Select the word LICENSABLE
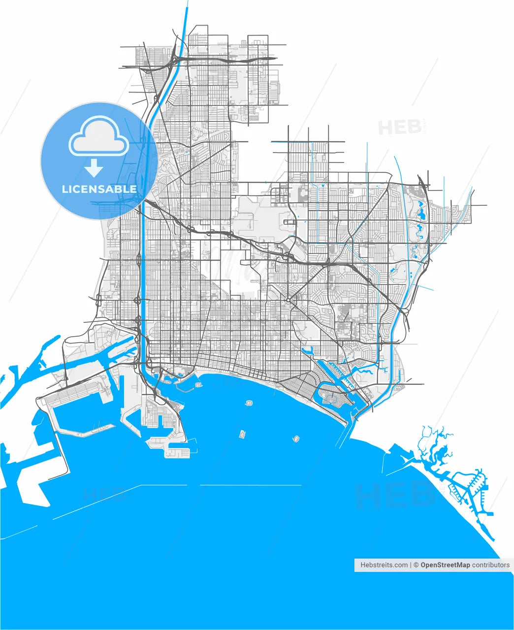pos(99,189)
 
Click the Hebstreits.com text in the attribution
pos(384,565)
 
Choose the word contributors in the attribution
pos(491,565)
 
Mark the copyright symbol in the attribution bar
pos(416,565)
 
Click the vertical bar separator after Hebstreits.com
pos(411,565)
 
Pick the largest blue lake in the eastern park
pos(421,214)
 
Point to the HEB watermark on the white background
pos(399,127)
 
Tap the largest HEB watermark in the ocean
pos(394,495)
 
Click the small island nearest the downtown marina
pos(249,404)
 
